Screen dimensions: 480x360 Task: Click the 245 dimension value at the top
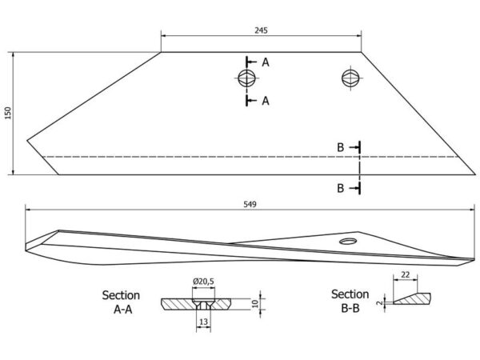261,30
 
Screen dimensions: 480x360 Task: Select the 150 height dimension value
8,114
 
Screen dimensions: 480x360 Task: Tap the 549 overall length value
250,204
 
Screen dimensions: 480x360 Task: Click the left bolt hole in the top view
246,78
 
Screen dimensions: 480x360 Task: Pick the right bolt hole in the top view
350,78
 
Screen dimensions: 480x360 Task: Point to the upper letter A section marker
266,62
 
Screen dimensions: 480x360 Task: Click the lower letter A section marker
266,101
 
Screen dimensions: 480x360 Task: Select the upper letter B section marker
341,147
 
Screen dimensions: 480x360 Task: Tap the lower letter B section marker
341,188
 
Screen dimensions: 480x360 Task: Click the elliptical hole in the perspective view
348,242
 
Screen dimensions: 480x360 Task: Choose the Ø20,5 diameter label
203,281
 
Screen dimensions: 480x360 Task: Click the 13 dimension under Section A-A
203,322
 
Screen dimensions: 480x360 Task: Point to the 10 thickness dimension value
255,304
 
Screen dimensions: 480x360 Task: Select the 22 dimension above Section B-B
405,275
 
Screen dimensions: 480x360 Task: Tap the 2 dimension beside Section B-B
379,302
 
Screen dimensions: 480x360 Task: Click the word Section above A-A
121,295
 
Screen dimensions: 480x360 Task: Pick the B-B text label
350,308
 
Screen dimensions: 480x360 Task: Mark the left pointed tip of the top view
27,141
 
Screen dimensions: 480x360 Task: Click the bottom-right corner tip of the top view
475,174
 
